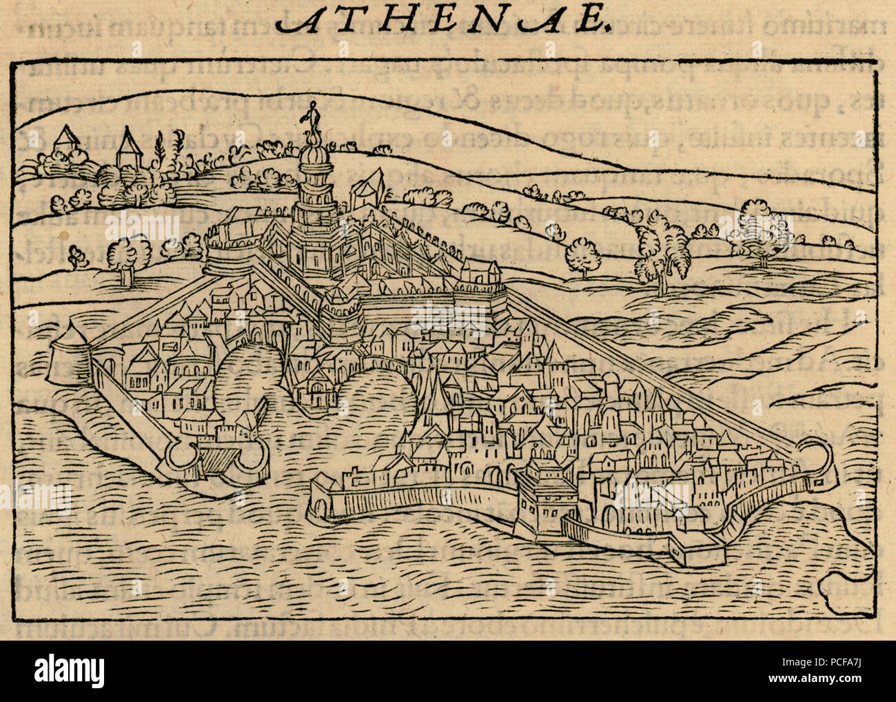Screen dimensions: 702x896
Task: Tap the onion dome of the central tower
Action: point(315,158)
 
